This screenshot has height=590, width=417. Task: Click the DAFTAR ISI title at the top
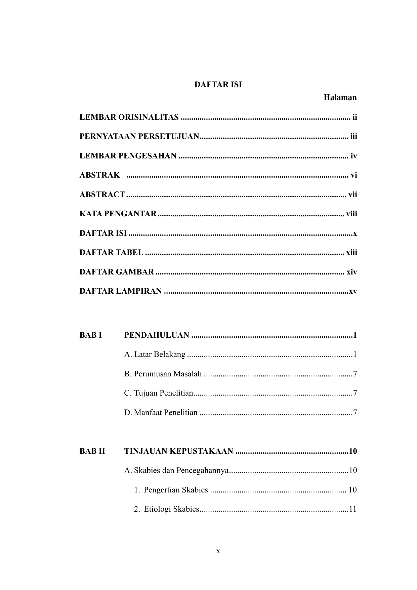(218, 85)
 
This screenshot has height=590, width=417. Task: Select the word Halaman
(340, 98)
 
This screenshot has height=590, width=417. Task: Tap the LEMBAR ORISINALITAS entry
(129, 117)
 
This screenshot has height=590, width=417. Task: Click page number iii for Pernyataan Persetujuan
(353, 137)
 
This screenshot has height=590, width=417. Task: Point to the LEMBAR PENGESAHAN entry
(128, 156)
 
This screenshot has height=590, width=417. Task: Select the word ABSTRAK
(99, 175)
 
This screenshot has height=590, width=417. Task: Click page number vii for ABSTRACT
(352, 195)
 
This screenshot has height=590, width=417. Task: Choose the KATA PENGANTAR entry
(118, 214)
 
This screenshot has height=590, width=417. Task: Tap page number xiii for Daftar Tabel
(351, 253)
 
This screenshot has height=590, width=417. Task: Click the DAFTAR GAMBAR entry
(117, 272)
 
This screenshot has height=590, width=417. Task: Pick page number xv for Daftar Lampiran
(353, 291)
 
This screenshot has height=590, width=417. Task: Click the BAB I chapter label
(90, 335)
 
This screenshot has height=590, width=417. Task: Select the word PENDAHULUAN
(157, 335)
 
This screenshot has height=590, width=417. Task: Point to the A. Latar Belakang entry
(155, 355)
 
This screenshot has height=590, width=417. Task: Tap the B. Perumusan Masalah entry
(163, 374)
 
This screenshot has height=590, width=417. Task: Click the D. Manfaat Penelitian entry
(161, 413)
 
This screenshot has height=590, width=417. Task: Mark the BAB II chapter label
(92, 451)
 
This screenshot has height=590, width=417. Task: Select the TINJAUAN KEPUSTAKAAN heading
(178, 451)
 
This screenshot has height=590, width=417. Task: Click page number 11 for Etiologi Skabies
(352, 509)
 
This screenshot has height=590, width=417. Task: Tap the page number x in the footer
(218, 551)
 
